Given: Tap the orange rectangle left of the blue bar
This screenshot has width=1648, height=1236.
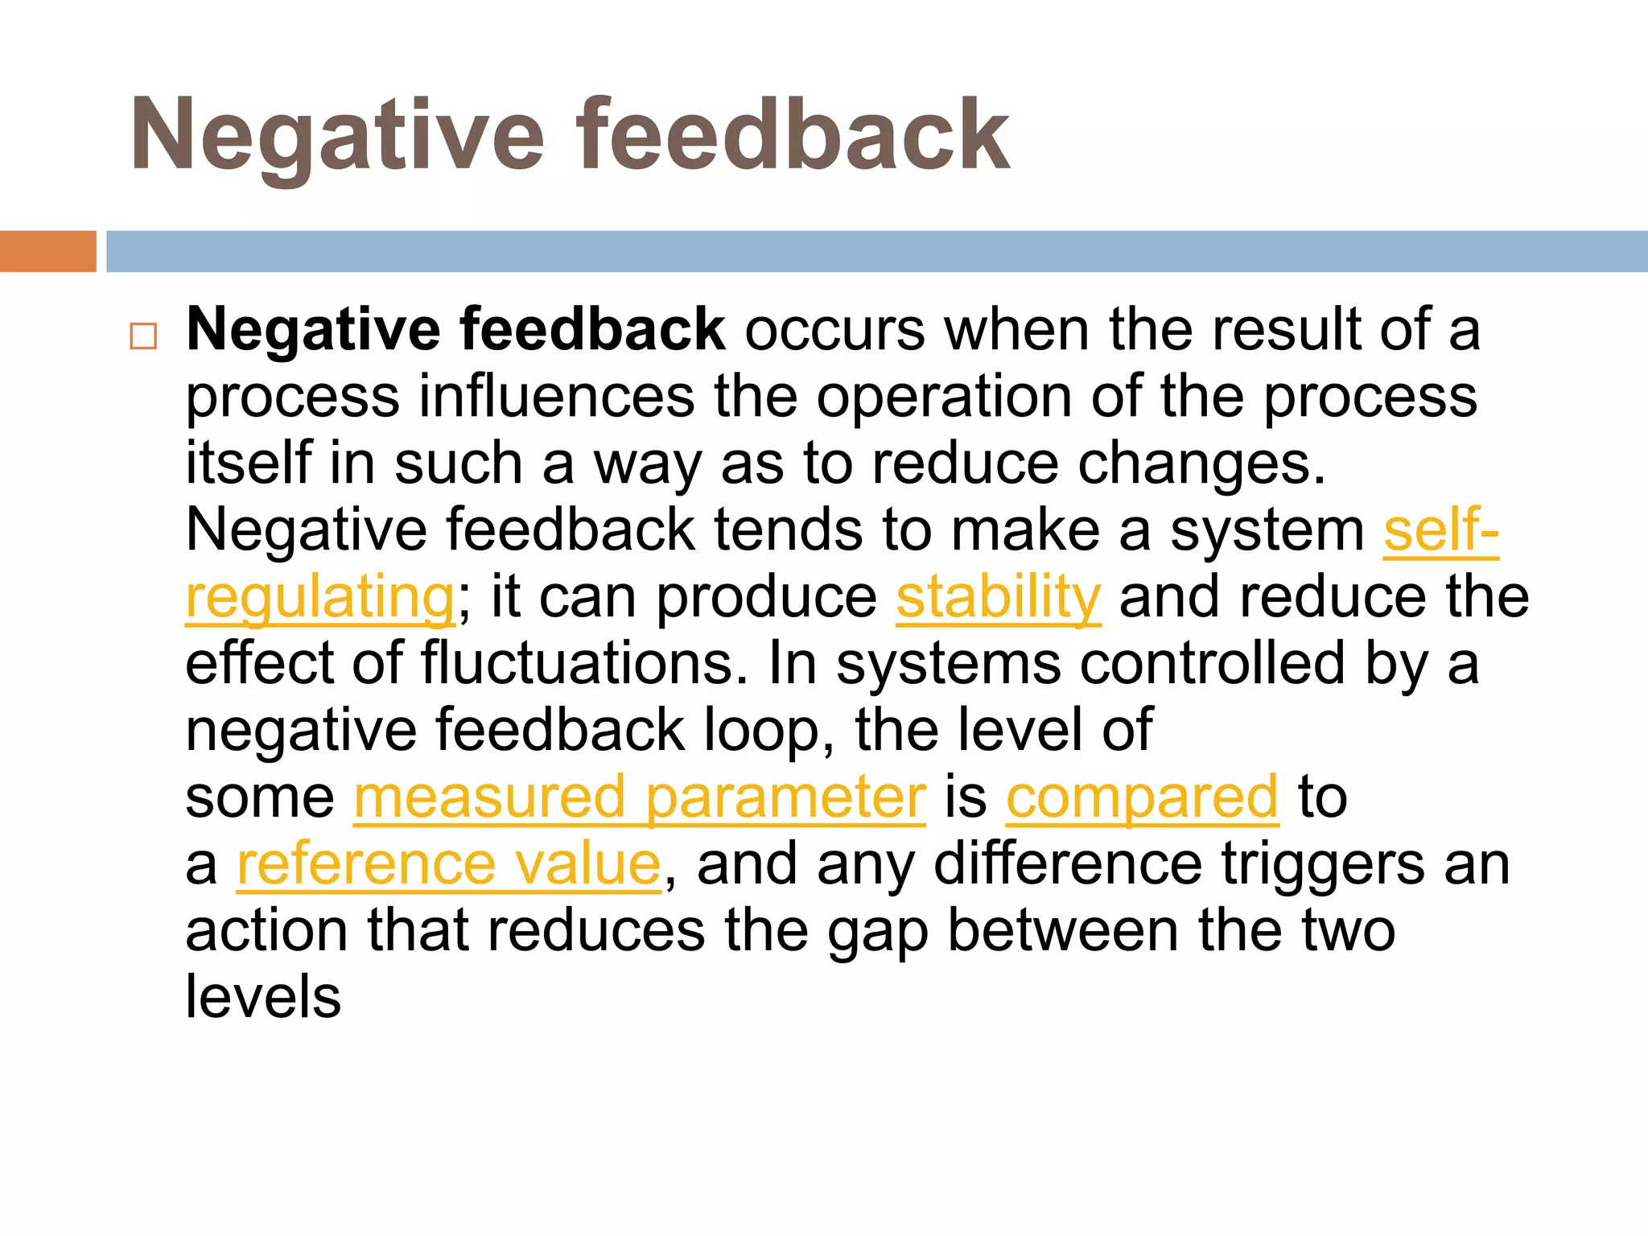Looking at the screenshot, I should [x=47, y=251].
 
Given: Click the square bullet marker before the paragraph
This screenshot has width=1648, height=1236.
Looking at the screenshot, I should [x=143, y=336].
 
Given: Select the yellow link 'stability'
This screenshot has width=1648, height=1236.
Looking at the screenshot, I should [x=998, y=597].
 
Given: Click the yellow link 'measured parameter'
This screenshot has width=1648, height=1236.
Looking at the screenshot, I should [x=640, y=797].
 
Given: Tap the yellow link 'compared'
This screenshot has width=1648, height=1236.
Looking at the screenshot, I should [x=1142, y=797].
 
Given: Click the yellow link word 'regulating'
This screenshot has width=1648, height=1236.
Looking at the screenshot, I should [x=320, y=597].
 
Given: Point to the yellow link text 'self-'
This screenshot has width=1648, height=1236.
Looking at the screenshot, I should [x=1440, y=530].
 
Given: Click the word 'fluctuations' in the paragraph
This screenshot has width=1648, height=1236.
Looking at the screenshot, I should [x=578, y=664].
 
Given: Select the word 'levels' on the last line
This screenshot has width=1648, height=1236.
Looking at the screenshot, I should [x=263, y=998].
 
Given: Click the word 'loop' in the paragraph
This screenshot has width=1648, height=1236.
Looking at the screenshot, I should [x=760, y=731].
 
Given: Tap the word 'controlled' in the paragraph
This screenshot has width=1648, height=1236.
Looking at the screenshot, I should [x=1212, y=664].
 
